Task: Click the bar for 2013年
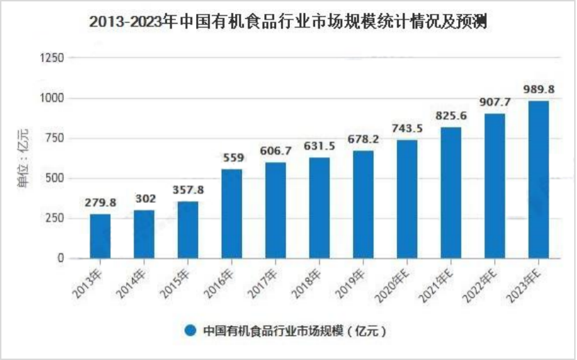coord(100,236)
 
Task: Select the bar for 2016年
coord(231,213)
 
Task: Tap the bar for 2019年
coord(363,204)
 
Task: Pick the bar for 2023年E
coord(539,180)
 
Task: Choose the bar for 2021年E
coord(450,193)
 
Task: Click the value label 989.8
coord(539,90)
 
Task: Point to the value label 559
coord(234,158)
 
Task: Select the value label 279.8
coord(101,203)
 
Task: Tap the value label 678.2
coord(363,139)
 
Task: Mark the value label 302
coord(145,199)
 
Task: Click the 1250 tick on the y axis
coord(52,58)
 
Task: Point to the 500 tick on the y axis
coord(55,179)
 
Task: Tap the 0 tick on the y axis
coord(60,258)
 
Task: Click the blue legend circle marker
coord(190,330)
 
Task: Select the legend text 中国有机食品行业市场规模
coord(273,331)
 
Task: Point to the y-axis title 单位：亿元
coord(23,158)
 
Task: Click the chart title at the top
coord(288,22)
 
